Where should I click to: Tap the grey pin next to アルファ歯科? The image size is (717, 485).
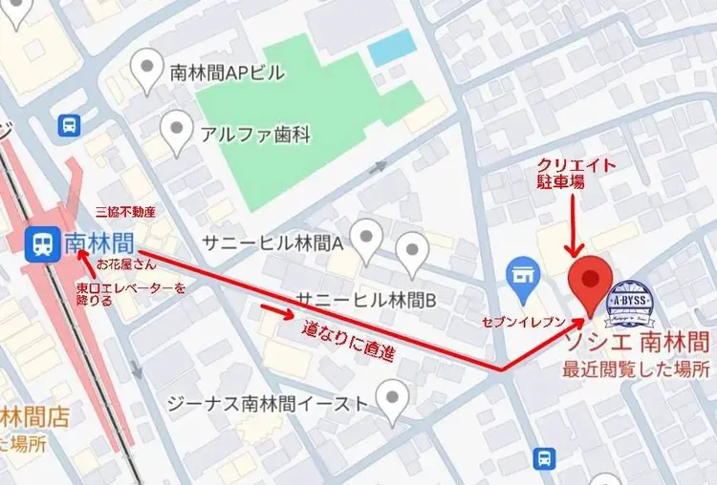click(x=176, y=132)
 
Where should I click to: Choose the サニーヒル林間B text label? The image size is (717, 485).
click(x=366, y=300)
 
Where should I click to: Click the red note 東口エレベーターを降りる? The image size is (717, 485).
click(x=131, y=293)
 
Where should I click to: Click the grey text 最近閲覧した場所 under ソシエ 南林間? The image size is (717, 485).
click(x=635, y=369)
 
